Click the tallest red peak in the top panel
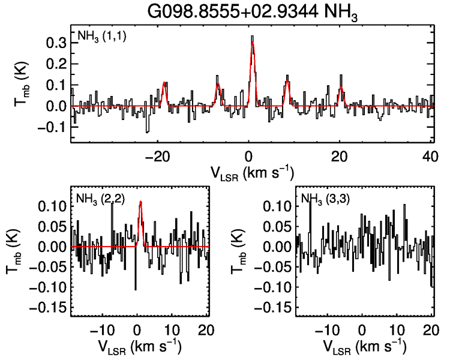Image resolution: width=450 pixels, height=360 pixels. [253, 42]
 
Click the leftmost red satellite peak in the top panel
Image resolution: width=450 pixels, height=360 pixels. [163, 83]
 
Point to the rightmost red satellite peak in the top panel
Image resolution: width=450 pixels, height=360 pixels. [341, 88]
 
